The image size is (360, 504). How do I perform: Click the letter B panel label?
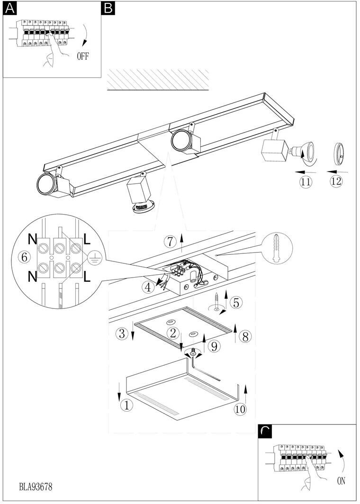(x=108, y=9)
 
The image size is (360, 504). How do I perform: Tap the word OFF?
(x=82, y=56)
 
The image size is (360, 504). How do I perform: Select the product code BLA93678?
(x=36, y=486)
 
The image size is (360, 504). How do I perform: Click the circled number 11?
(x=306, y=181)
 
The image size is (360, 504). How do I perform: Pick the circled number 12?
(x=336, y=181)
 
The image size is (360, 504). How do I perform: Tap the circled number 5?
(x=235, y=301)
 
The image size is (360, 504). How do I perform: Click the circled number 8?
(x=245, y=336)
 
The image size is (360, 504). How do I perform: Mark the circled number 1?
(x=126, y=405)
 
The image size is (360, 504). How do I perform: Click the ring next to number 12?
(x=339, y=154)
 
